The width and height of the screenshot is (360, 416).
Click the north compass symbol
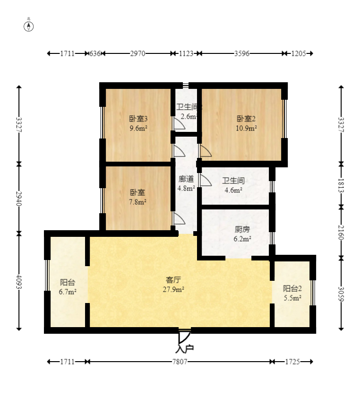click(29, 26)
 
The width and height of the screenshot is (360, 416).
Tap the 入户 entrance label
click(185, 349)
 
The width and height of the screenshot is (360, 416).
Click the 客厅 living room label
click(173, 280)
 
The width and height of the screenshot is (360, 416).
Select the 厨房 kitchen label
click(242, 229)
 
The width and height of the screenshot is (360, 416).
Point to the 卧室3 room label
click(138, 119)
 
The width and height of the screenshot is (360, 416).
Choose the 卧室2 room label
click(246, 119)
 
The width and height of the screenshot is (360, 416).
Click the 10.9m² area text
click(246, 128)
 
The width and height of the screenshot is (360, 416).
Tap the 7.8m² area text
click(137, 202)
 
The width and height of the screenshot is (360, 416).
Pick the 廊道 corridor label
click(186, 179)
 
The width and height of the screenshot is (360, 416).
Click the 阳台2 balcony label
click(292, 288)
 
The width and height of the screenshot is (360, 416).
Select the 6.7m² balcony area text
click(68, 292)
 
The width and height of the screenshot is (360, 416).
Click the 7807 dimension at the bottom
click(180, 362)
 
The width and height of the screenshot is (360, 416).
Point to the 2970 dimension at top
click(137, 53)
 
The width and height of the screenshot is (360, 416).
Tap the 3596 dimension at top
click(242, 53)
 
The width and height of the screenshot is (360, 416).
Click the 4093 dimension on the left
click(19, 281)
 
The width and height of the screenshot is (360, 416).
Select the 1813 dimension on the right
click(341, 185)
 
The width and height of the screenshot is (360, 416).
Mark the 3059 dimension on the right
click(341, 294)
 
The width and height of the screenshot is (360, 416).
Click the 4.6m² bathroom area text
click(233, 190)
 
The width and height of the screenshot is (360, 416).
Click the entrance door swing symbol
click(184, 337)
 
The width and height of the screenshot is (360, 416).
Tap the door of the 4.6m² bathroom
click(206, 180)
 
